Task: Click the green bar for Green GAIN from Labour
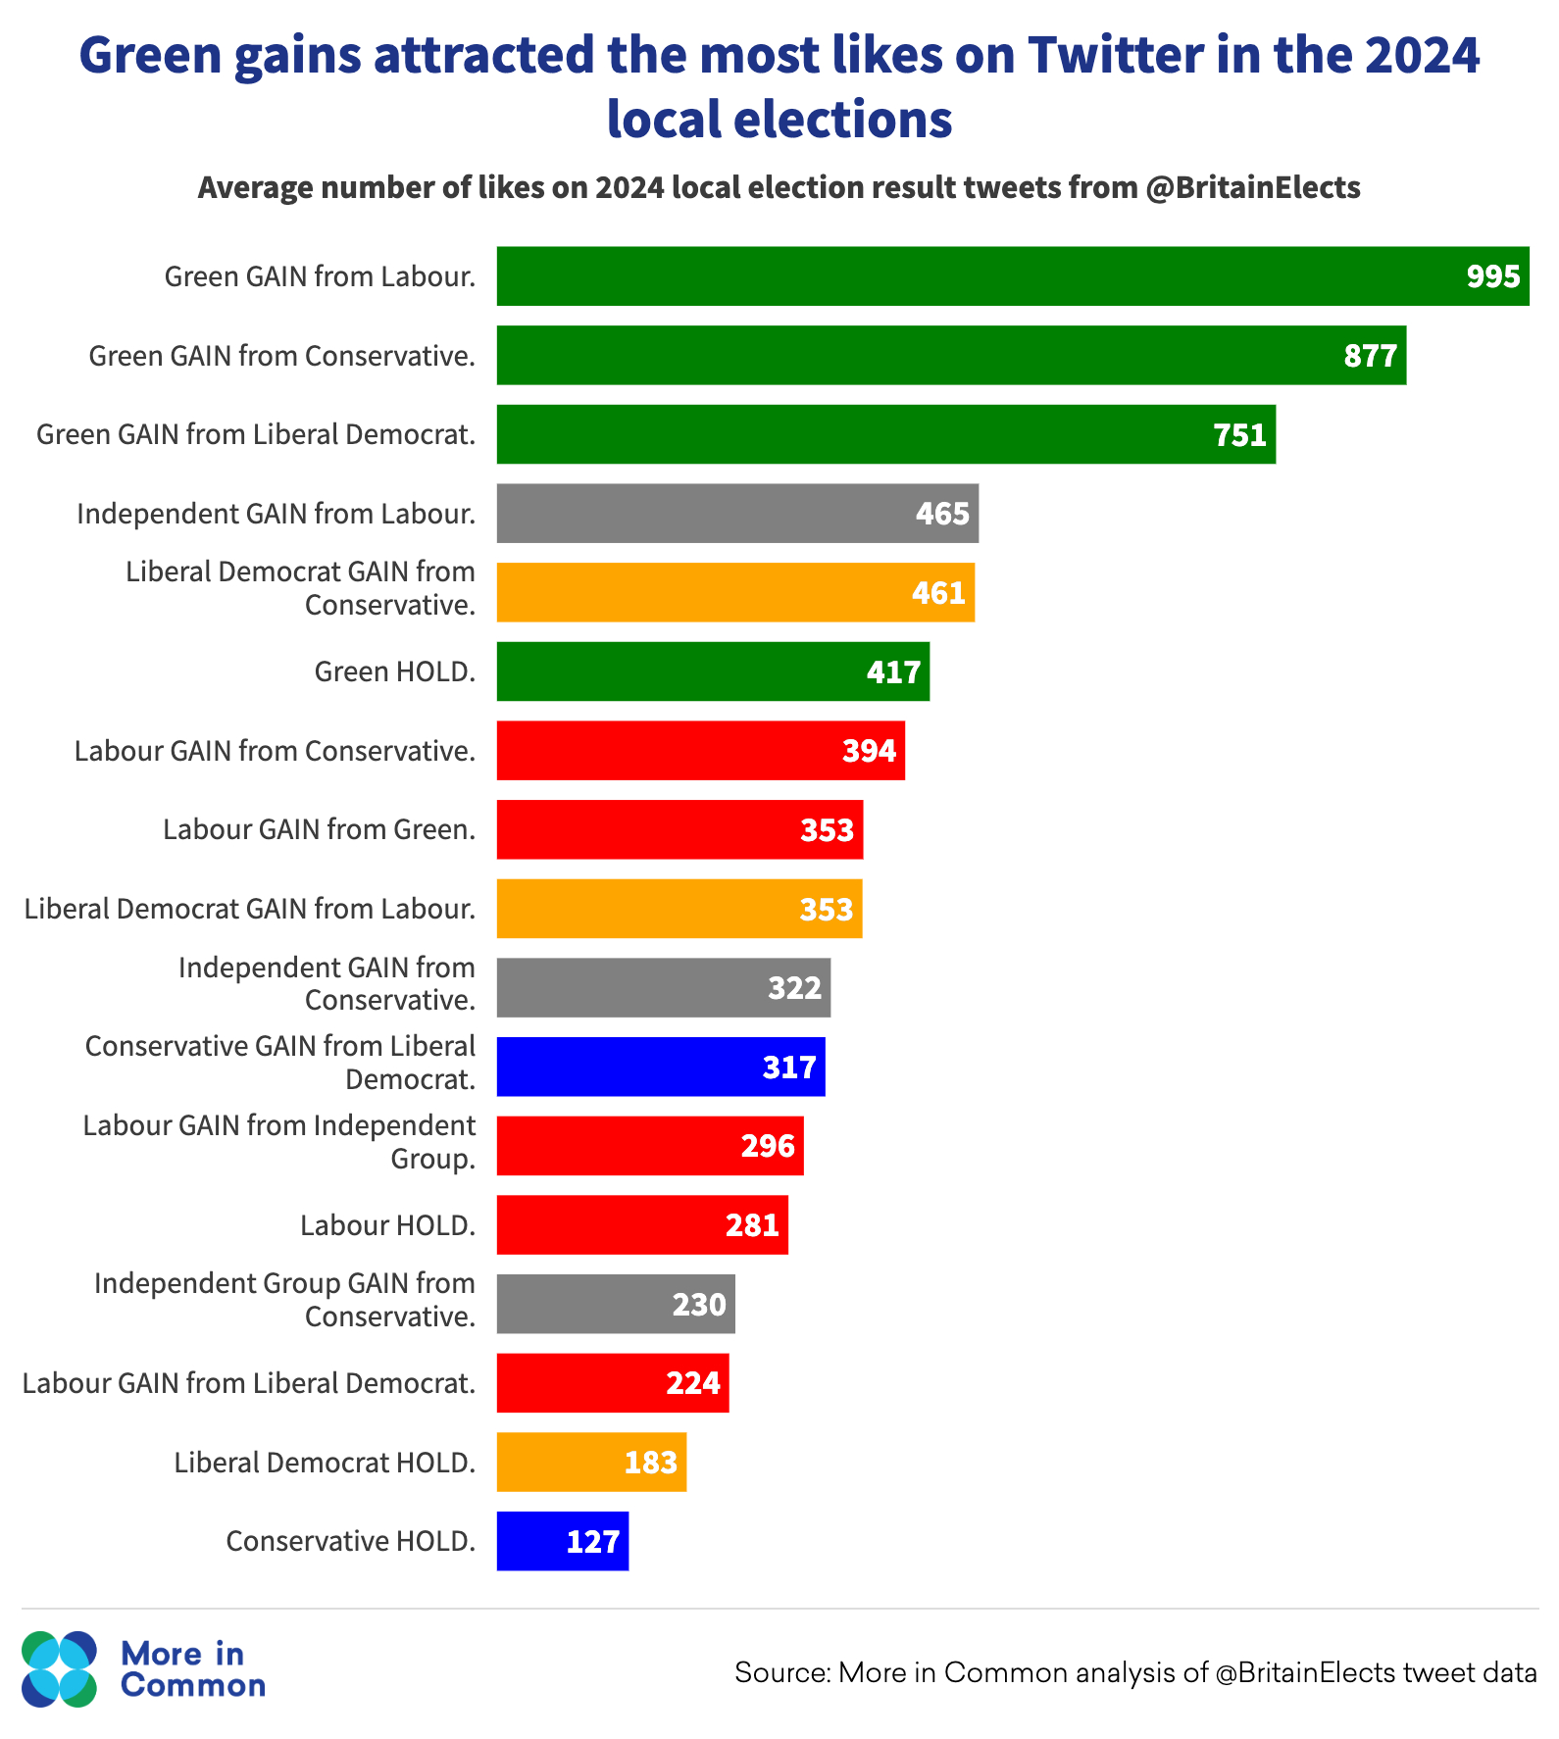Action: tap(1012, 276)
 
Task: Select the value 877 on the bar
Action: tap(1370, 356)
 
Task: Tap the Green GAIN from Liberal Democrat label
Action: tap(256, 434)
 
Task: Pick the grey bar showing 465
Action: tap(737, 514)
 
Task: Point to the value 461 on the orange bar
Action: tap(938, 593)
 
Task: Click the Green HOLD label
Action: tap(394, 671)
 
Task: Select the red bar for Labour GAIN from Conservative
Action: tap(700, 751)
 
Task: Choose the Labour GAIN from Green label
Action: tap(319, 830)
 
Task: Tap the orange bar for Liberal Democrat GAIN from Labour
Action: tap(679, 909)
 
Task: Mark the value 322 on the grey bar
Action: tap(794, 988)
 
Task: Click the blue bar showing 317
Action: tap(660, 1067)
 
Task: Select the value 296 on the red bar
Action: tap(768, 1146)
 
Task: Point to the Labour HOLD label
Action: tap(387, 1225)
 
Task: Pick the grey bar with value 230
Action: tap(615, 1304)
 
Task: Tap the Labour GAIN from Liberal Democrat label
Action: tap(249, 1383)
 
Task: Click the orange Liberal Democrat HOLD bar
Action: tap(591, 1463)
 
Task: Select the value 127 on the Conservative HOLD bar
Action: tap(592, 1542)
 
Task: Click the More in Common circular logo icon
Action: tap(60, 1669)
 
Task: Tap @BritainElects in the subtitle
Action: tap(1252, 187)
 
